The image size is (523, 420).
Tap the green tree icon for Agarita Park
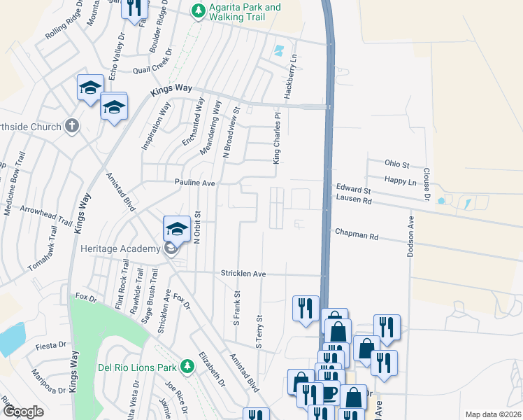tap(199, 10)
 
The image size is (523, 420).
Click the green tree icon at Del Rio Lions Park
tap(187, 365)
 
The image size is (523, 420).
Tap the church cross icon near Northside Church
tap(71, 126)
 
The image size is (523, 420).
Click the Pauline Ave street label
tap(194, 183)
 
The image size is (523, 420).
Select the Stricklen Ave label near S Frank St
tap(243, 273)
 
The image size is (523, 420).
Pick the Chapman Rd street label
tap(356, 236)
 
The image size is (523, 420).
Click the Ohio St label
tap(396, 163)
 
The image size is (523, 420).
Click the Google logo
tap(23, 412)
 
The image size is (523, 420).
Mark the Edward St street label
tap(352, 190)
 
